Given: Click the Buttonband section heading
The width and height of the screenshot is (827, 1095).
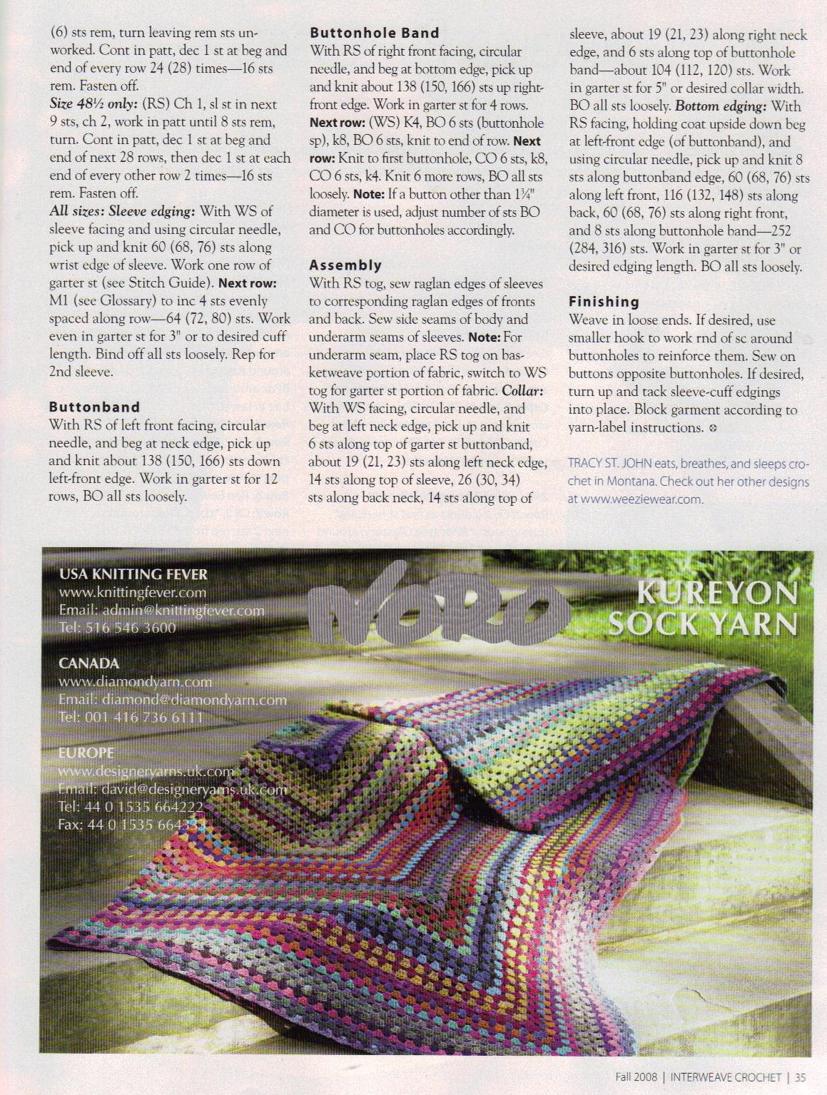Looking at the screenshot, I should [94, 407].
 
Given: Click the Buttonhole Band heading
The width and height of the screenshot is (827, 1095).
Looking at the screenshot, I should [375, 33].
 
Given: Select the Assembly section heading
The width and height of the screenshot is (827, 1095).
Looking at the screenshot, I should [345, 265].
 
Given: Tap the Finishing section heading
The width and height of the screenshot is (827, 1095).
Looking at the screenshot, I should [604, 302].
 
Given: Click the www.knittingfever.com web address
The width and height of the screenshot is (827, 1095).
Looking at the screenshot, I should [133, 592].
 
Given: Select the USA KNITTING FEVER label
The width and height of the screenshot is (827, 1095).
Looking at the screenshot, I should [133, 574].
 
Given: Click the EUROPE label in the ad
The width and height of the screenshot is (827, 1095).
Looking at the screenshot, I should [86, 753].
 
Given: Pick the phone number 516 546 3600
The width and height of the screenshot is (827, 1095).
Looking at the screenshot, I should [130, 628].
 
